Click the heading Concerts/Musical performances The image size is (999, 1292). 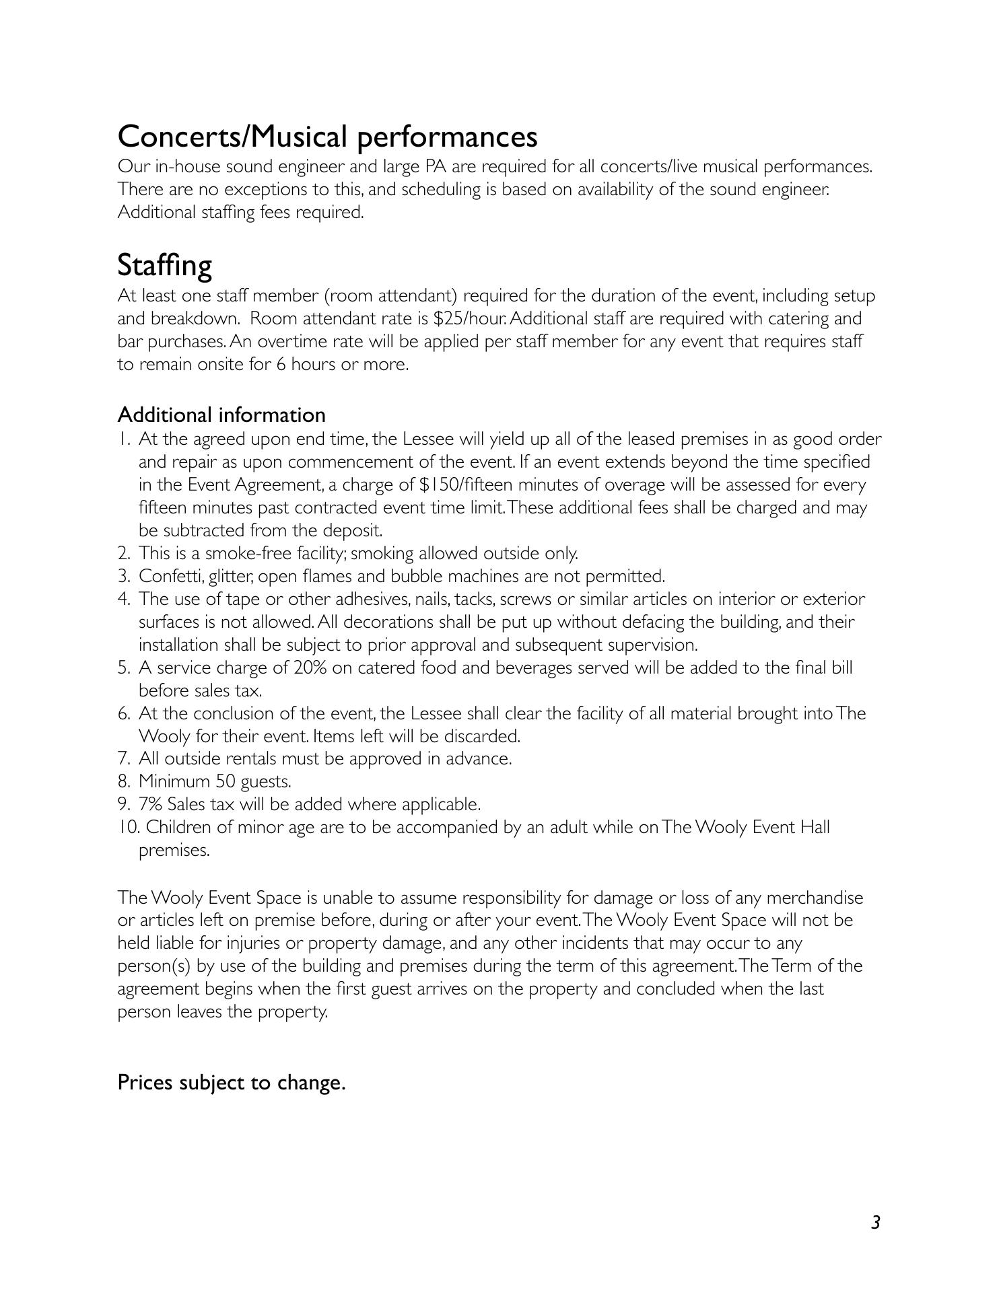[x=327, y=137]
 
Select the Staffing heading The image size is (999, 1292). [x=164, y=265]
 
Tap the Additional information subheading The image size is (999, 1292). [x=221, y=415]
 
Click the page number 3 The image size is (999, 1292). [x=875, y=1221]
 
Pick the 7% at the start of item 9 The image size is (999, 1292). [x=151, y=804]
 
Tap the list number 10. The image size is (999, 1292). [x=127, y=827]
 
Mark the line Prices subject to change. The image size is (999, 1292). [x=231, y=1083]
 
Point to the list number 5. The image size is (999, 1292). [x=123, y=668]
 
